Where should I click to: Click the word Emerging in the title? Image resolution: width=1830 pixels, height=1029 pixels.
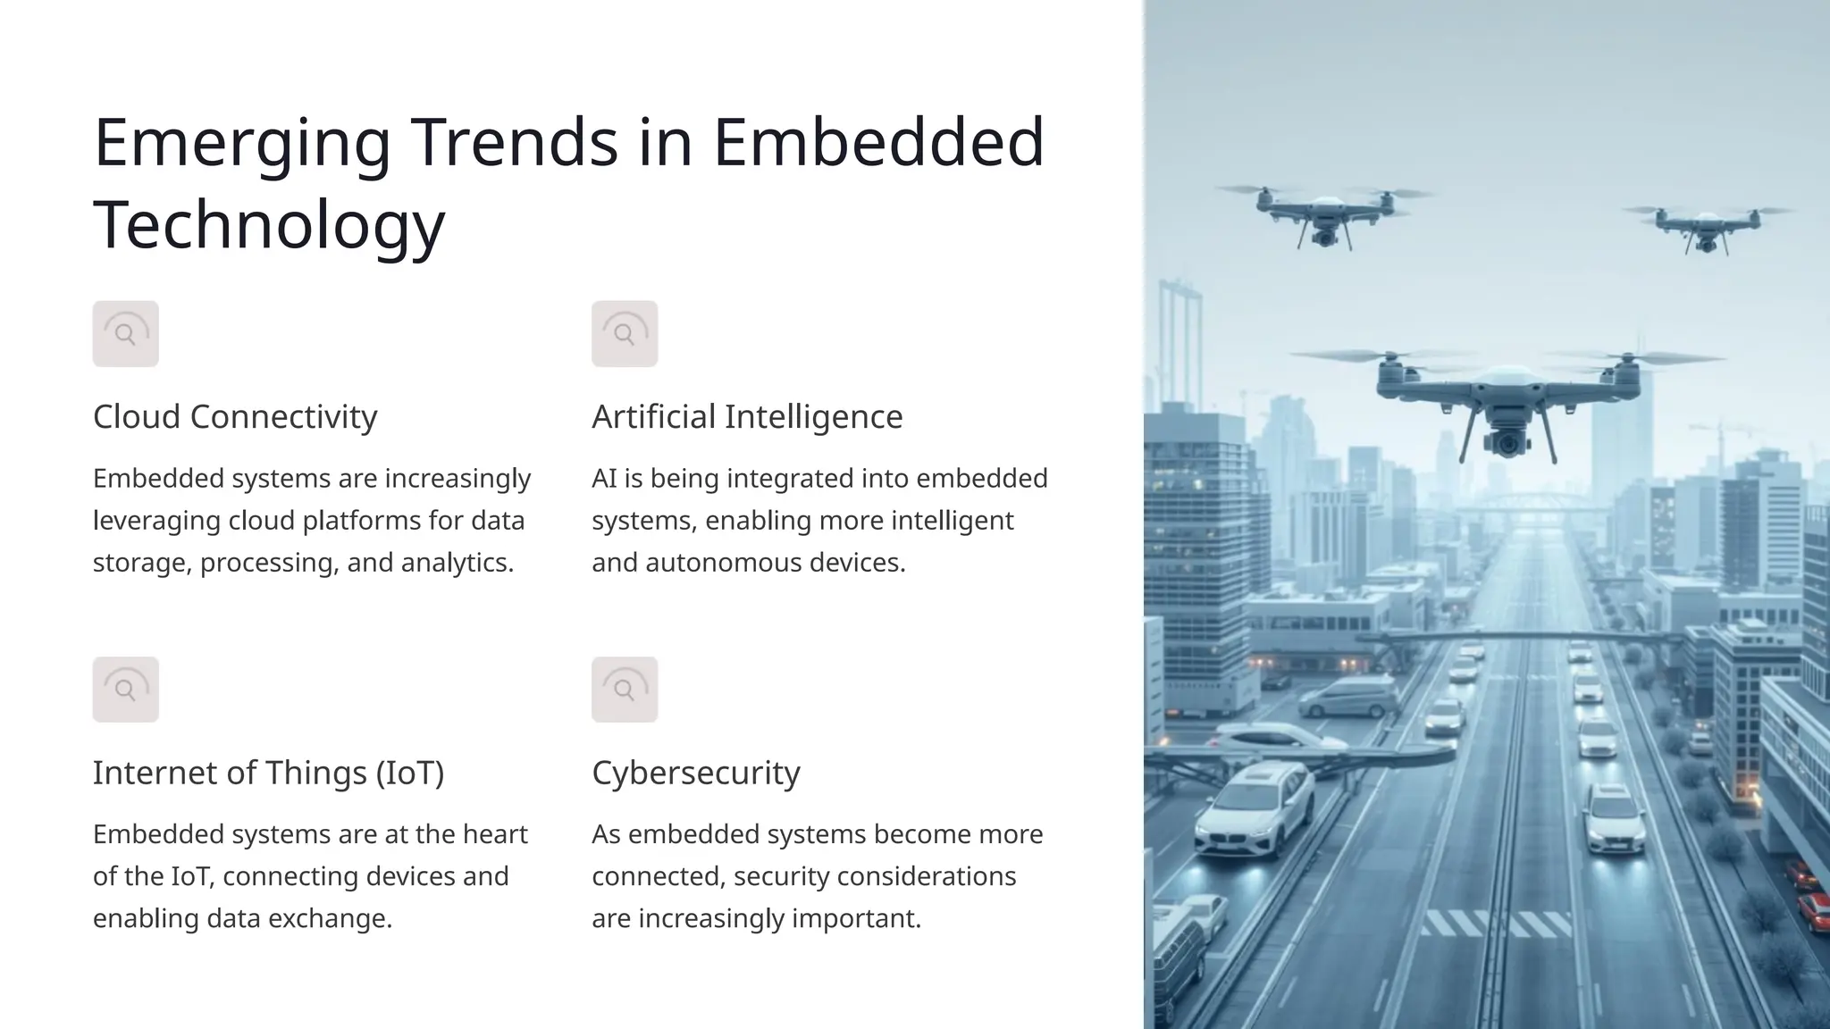242,143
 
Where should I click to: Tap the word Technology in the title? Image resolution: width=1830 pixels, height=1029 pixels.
269,225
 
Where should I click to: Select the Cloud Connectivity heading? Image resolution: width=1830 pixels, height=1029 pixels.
235,416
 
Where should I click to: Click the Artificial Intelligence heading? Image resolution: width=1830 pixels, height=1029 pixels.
747,416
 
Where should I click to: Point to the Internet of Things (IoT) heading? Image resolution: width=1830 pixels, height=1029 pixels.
268,773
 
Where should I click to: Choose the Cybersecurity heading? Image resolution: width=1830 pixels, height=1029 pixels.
695,773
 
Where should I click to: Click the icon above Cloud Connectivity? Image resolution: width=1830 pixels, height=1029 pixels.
126,334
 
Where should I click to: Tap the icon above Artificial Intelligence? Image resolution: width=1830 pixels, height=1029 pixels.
625,334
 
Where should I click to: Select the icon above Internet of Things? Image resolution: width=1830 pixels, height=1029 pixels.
126,690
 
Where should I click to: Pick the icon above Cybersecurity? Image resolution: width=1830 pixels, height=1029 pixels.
625,690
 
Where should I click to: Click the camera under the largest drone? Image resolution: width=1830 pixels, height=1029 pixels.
1506,440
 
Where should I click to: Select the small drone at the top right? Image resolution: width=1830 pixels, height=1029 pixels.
1706,226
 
